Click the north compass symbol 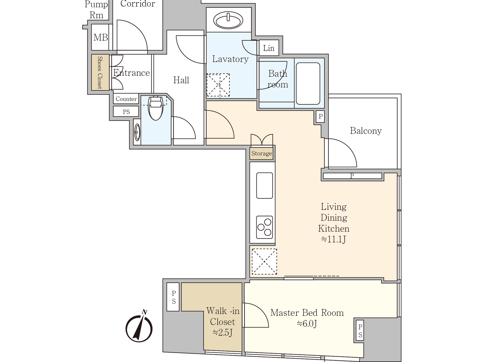139,327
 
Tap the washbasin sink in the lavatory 228,20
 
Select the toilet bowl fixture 156,108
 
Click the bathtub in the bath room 308,83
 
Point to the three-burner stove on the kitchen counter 264,227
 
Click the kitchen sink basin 264,185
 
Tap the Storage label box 262,154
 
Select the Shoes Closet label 100,72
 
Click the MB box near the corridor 101,37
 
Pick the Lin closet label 269,48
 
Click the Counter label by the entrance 126,99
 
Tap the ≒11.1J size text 333,239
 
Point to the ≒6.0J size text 307,324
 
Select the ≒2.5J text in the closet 222,333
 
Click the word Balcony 366,131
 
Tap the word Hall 181,80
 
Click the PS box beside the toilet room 126,112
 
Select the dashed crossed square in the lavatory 218,85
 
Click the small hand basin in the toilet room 137,132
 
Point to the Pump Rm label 96,10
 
